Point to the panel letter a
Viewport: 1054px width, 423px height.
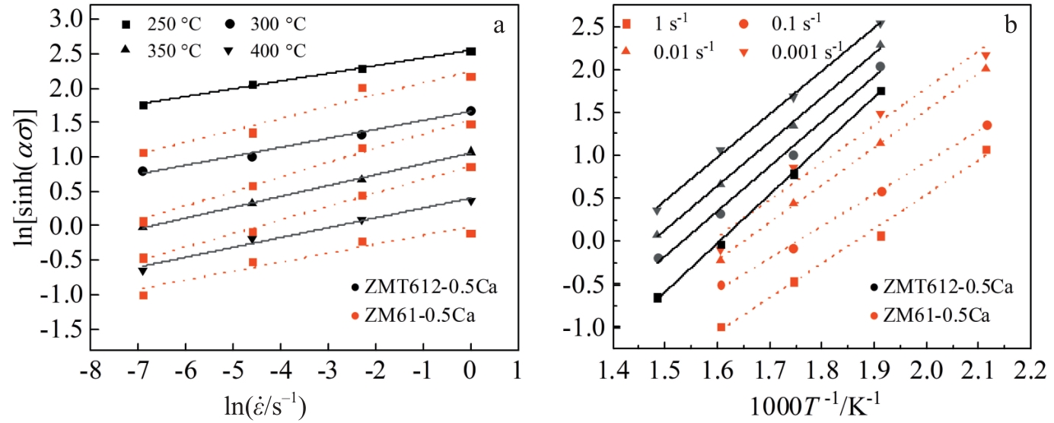(x=499, y=26)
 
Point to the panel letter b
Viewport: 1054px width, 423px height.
(x=1011, y=24)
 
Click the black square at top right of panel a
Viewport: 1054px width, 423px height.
(x=471, y=52)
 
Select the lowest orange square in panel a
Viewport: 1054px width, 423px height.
(x=143, y=295)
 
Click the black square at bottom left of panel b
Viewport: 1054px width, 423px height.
(x=658, y=297)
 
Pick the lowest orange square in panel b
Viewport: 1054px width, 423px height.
(x=721, y=327)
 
